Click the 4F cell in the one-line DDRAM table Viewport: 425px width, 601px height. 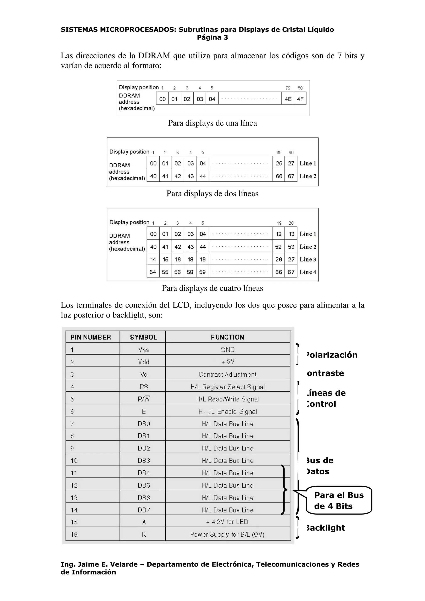pyautogui.click(x=300, y=99)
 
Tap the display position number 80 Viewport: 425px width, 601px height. pyautogui.click(x=300, y=88)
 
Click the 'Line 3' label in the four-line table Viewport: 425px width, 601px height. pyautogui.click(x=308, y=259)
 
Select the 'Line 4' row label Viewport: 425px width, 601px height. pyautogui.click(x=308, y=272)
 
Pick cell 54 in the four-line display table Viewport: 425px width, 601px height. pyautogui.click(x=153, y=272)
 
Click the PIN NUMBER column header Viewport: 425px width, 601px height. pyautogui.click(x=91, y=337)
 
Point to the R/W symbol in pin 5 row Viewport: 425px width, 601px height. pyautogui.click(x=144, y=399)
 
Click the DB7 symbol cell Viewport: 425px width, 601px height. pyautogui.click(x=144, y=510)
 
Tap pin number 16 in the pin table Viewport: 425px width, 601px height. pyautogui.click(x=74, y=534)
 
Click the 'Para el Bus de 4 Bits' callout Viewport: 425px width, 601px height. pyautogui.click(x=339, y=500)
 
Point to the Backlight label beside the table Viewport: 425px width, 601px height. pyautogui.click(x=326, y=528)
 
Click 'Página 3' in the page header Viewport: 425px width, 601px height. pyautogui.click(x=212, y=37)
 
